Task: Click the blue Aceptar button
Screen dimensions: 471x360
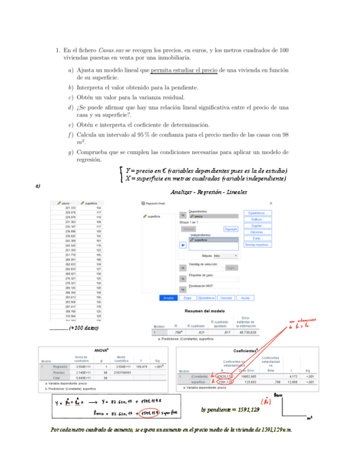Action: pyautogui.click(x=168, y=298)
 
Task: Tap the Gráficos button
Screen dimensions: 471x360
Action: pyautogui.click(x=257, y=219)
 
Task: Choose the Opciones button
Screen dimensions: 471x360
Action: pyautogui.click(x=257, y=232)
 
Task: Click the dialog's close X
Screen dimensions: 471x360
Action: pyautogui.click(x=271, y=203)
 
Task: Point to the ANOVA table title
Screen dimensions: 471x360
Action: pyautogui.click(x=101, y=350)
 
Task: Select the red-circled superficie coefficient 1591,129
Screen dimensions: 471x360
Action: pyautogui.click(x=222, y=382)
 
